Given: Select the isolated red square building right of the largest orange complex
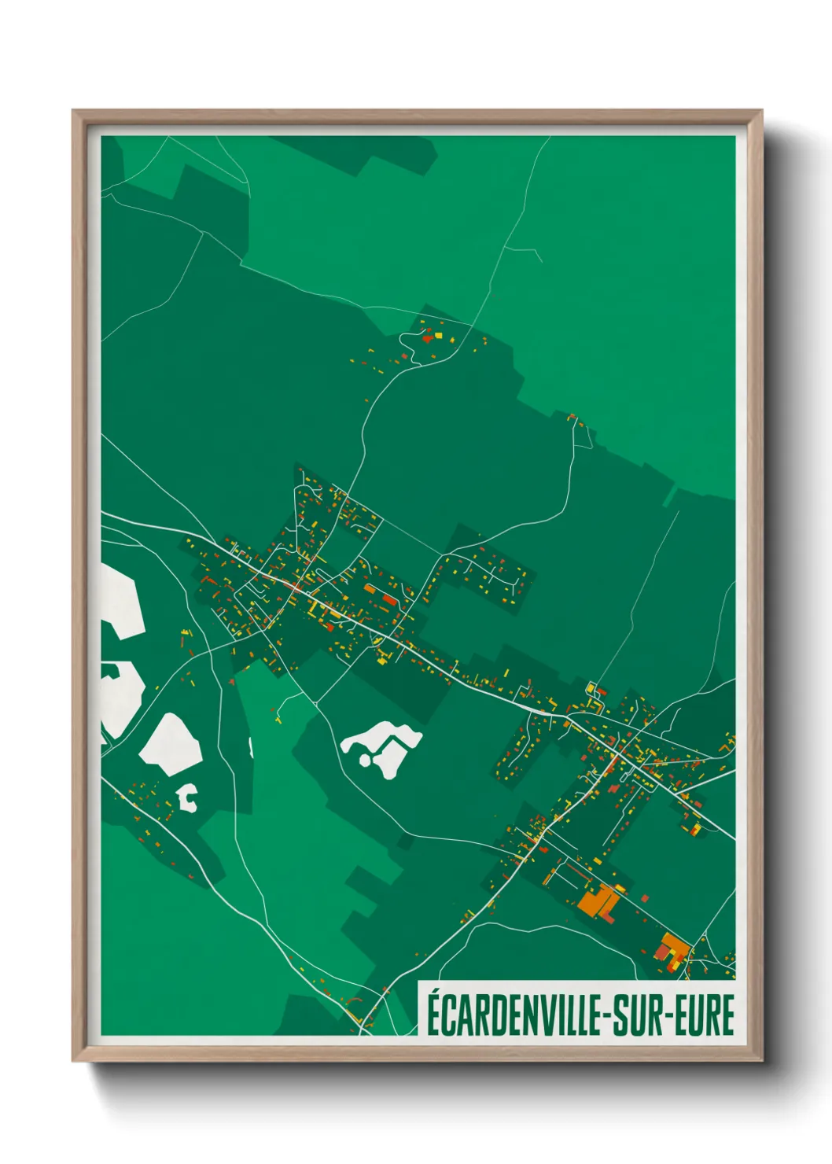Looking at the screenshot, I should coord(646,897).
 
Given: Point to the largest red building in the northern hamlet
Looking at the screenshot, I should coord(428,338).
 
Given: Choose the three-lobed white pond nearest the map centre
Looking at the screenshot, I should coord(381,743).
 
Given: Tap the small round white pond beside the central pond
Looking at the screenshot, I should coord(365,760).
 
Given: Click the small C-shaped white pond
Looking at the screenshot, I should coord(188,797).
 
